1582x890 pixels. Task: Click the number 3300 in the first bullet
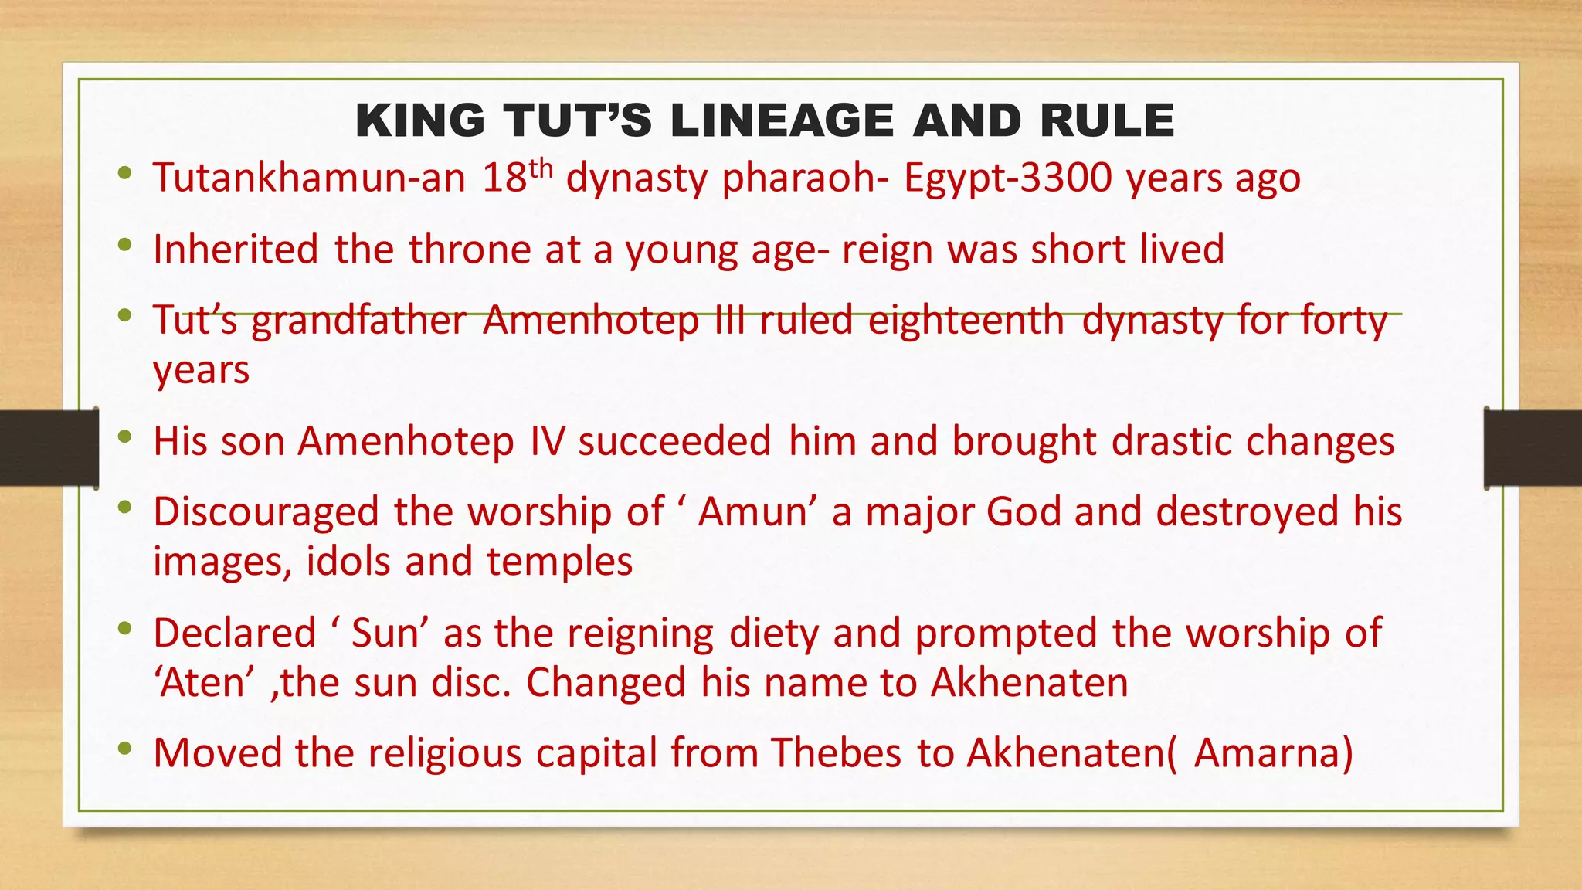[1067, 178]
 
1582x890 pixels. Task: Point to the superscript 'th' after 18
[541, 168]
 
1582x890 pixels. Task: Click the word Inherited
[236, 250]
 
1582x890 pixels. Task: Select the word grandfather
[358, 321]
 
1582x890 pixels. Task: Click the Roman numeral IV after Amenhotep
[548, 441]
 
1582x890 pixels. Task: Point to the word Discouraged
[266, 512]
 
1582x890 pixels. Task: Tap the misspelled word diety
[774, 634]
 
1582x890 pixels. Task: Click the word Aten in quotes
[205, 683]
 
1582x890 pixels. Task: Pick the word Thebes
[836, 753]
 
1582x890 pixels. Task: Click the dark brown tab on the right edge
[1533, 448]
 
